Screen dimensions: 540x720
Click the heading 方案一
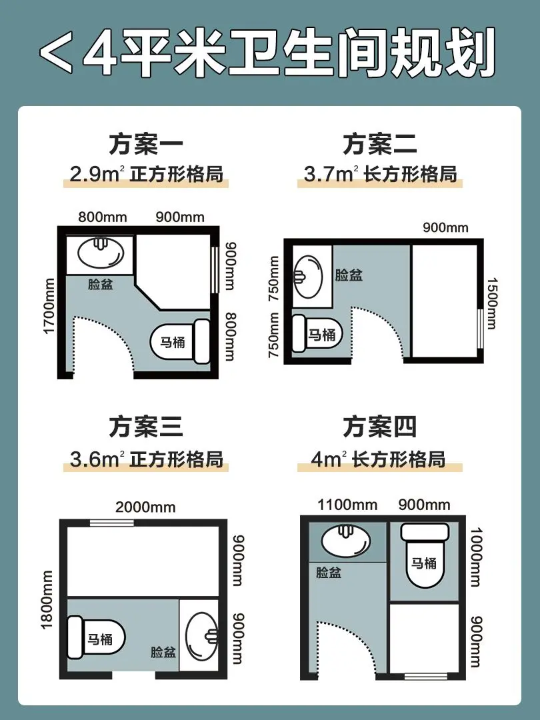[x=146, y=144]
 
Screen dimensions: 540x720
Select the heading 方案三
[x=146, y=427]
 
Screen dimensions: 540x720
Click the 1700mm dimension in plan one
[x=49, y=306]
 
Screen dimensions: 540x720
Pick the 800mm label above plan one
[x=103, y=217]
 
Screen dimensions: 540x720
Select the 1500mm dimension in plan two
[x=492, y=303]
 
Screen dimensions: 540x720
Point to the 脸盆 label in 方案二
[x=349, y=275]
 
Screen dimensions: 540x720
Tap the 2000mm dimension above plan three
[x=145, y=507]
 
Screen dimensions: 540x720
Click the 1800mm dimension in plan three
[x=47, y=600]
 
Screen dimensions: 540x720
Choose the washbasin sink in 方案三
[x=201, y=635]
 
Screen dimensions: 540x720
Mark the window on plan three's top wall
[x=111, y=523]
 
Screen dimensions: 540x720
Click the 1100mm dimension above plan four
[x=347, y=505]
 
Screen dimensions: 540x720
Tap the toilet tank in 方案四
[x=425, y=532]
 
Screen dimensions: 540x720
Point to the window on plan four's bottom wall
[x=426, y=676]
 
